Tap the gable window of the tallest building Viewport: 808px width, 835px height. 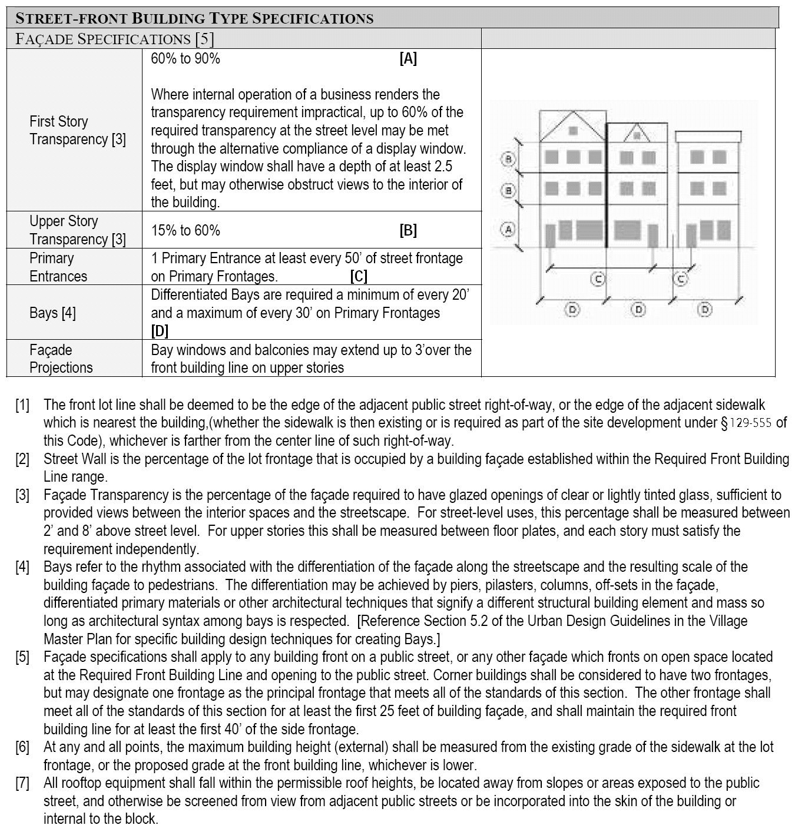click(573, 131)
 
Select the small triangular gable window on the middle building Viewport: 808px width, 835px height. click(637, 135)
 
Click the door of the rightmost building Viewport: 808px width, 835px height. click(691, 235)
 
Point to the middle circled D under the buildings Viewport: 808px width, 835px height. click(639, 309)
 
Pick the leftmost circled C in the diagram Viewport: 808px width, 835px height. click(598, 279)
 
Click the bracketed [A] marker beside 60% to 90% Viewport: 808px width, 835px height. click(408, 58)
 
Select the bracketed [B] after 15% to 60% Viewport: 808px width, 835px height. click(408, 230)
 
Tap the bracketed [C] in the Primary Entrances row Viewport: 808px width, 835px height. click(359, 276)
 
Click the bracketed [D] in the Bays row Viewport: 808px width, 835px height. click(160, 331)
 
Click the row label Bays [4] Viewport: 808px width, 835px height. click(52, 313)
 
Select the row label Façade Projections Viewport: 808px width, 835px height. click(61, 359)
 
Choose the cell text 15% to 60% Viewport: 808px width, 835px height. click(186, 230)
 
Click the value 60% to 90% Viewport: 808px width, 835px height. click(186, 58)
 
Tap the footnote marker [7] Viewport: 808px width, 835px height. click(22, 783)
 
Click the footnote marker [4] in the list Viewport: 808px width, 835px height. click(22, 567)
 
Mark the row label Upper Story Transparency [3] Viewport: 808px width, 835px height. click(78, 230)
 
